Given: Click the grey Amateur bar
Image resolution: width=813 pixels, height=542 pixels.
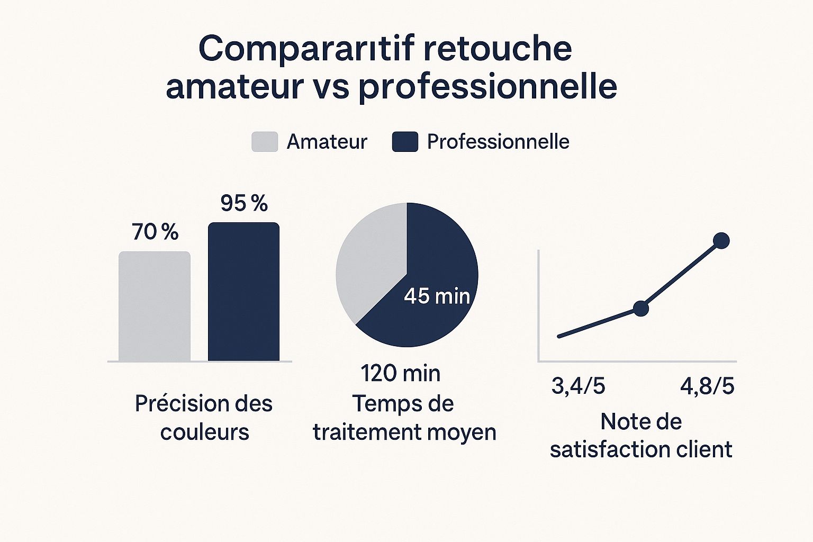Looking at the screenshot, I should pyautogui.click(x=154, y=306).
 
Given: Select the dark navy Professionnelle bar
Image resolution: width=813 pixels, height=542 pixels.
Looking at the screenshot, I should pyautogui.click(x=243, y=292).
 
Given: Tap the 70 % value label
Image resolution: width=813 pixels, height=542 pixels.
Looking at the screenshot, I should pyautogui.click(x=155, y=232).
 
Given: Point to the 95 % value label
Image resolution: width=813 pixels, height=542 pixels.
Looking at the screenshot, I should pyautogui.click(x=244, y=203).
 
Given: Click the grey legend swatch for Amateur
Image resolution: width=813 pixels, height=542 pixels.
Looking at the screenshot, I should pyautogui.click(x=265, y=142).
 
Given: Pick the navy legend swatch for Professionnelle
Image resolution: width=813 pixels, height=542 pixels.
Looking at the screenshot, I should pyautogui.click(x=405, y=142).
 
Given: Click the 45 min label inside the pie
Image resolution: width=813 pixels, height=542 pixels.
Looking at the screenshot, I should pyautogui.click(x=437, y=296).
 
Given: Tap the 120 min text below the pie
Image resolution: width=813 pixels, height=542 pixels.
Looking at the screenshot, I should pyautogui.click(x=401, y=373).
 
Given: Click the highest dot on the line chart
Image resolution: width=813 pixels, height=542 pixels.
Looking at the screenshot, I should pyautogui.click(x=721, y=241).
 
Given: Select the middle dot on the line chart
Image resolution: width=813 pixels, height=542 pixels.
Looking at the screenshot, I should pyautogui.click(x=640, y=308).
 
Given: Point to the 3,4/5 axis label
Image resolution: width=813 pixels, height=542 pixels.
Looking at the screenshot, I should pyautogui.click(x=578, y=386).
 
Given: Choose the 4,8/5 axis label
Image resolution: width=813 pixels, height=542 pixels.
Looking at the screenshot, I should pyautogui.click(x=707, y=386).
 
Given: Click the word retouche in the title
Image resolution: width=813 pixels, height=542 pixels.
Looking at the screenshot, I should pyautogui.click(x=498, y=49).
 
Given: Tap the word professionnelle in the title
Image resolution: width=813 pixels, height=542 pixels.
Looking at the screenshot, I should pyautogui.click(x=487, y=87).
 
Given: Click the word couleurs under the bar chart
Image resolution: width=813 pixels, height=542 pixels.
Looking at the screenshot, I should pyautogui.click(x=204, y=432).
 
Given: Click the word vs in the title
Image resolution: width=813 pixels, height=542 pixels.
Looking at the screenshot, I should pyautogui.click(x=331, y=87).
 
